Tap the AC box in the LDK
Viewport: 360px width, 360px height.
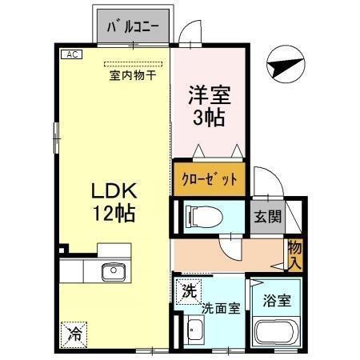(x=70, y=54)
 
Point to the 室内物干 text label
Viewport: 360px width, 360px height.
(x=132, y=76)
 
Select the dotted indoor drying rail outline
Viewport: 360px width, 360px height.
(x=133, y=63)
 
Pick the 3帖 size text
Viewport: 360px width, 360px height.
(x=209, y=118)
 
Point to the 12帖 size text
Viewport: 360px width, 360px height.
(x=113, y=214)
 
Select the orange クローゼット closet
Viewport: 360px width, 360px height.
(x=209, y=178)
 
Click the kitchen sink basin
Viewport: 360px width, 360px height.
(x=113, y=272)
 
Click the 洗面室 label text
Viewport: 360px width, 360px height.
(x=221, y=308)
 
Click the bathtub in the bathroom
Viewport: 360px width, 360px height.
(x=275, y=333)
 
